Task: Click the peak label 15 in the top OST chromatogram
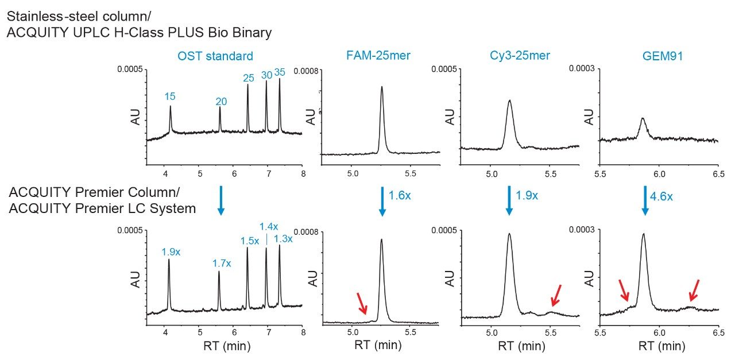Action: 170,96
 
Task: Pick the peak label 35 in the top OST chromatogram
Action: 280,72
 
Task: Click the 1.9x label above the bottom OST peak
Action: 170,251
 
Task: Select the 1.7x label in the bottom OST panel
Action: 221,263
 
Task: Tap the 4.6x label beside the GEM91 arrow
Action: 660,197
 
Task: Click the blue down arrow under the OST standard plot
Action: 220,203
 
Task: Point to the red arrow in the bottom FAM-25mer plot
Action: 361,303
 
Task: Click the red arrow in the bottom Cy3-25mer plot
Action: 556,295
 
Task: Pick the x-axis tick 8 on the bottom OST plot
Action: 303,332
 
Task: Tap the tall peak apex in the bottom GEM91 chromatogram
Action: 643,234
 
